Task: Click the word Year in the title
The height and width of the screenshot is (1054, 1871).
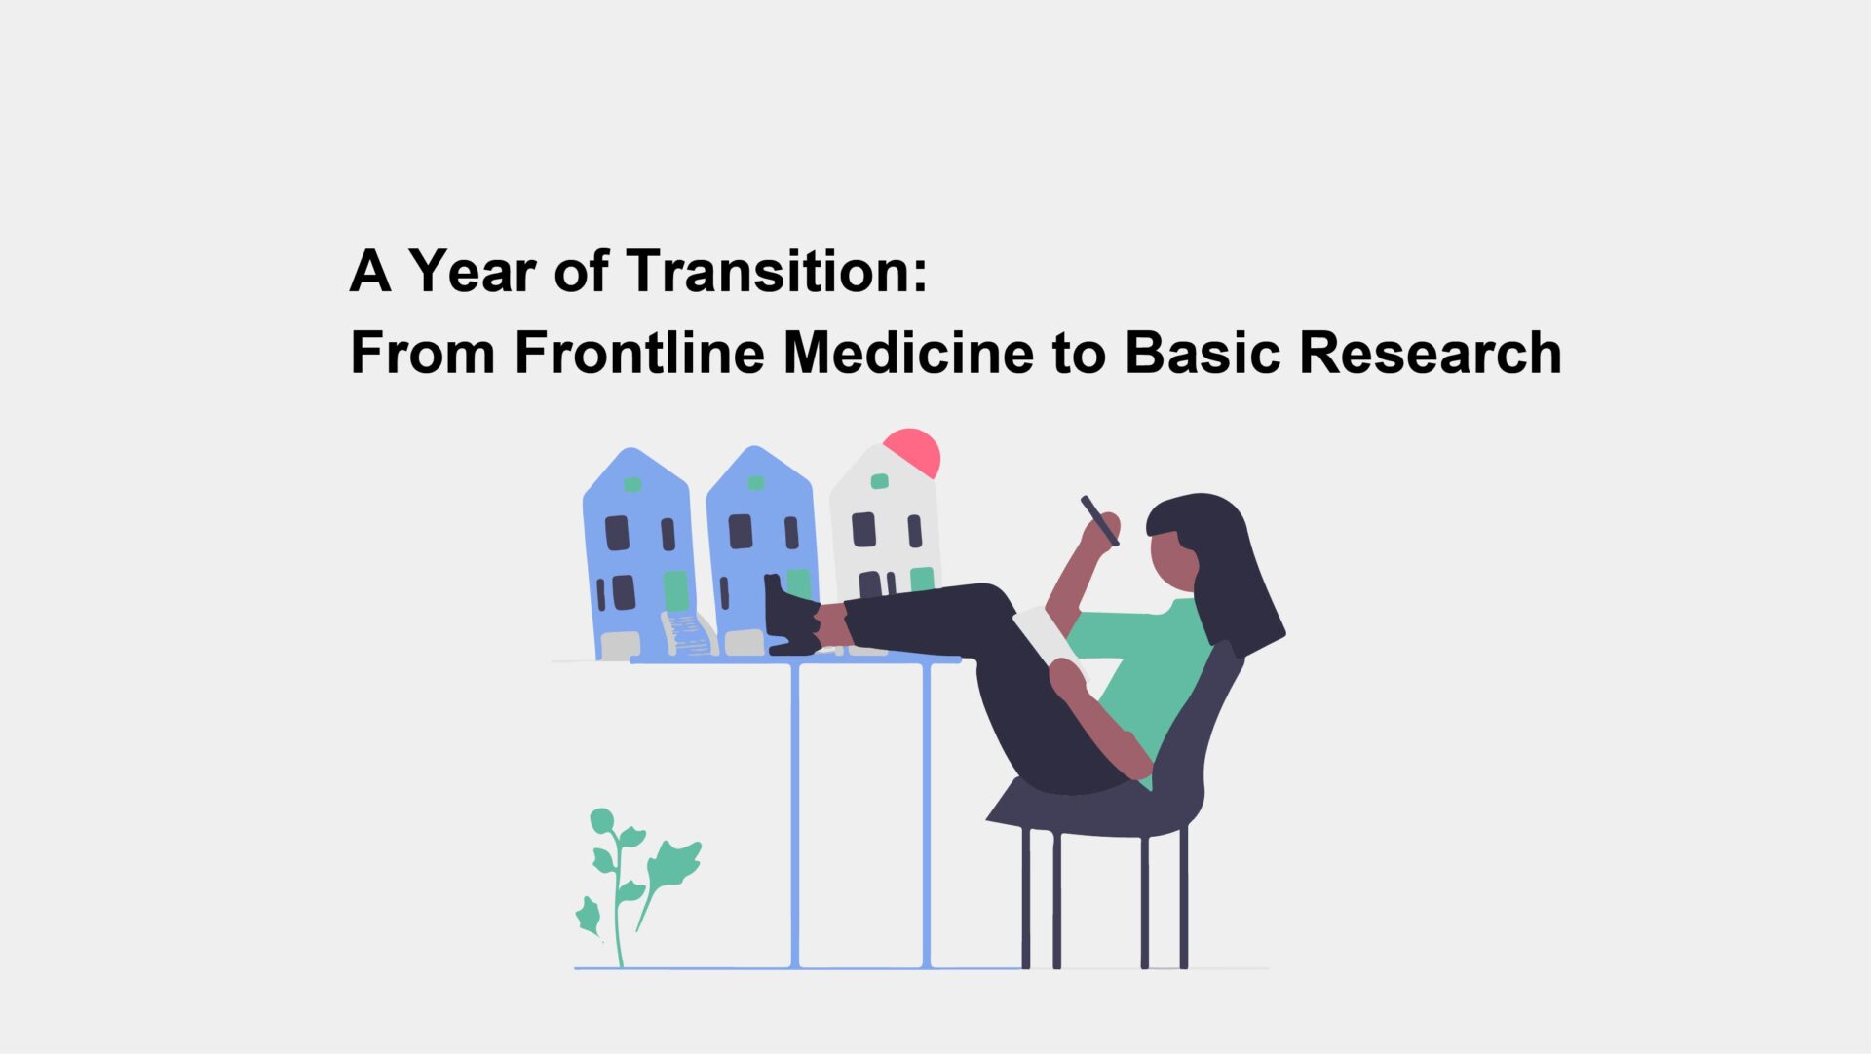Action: coord(472,271)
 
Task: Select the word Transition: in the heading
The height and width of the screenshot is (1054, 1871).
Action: coord(777,271)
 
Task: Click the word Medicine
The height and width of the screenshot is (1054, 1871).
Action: coord(908,353)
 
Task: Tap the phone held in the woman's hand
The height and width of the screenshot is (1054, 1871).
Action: coord(1099,520)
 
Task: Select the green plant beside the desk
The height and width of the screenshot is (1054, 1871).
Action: coord(633,877)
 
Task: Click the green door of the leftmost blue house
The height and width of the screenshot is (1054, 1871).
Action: coord(675,590)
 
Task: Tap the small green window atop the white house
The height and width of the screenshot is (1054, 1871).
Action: coord(879,481)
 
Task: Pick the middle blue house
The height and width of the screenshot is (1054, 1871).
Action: coord(760,546)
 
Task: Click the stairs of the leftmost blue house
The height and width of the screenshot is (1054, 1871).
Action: coord(688,634)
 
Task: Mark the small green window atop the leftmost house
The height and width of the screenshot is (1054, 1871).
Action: coord(632,484)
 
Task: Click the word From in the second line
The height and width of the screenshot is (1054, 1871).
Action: coord(422,353)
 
